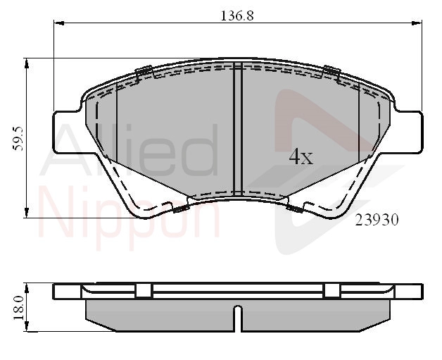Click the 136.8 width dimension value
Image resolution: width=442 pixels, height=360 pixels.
[x=236, y=15]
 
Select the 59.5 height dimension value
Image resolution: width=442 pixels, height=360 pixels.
[x=18, y=139]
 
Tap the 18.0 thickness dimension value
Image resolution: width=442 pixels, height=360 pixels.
[x=18, y=308]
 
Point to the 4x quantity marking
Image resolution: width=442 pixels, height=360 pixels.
[x=301, y=156]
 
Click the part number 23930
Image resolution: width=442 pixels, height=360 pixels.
[x=377, y=220]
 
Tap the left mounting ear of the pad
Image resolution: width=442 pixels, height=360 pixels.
[x=68, y=132]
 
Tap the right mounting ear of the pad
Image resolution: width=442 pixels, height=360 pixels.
[x=409, y=132]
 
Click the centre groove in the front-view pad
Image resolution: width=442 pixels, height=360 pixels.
[x=238, y=129]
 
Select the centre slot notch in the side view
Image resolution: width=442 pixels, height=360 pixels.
[x=238, y=318]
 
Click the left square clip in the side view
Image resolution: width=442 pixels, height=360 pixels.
[x=144, y=290]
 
